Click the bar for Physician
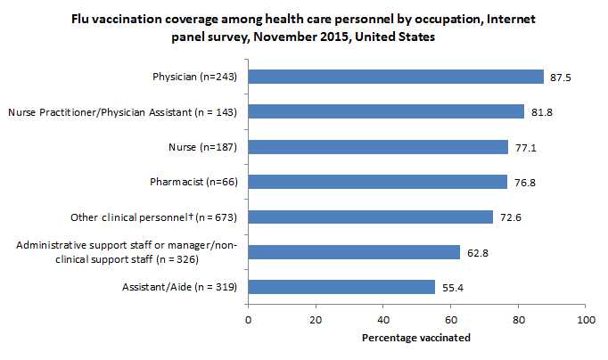pyautogui.click(x=395, y=77)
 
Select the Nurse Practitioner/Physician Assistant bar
pyautogui.click(x=385, y=111)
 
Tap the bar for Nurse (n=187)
pyautogui.click(x=377, y=147)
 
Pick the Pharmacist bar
pyautogui.click(x=377, y=182)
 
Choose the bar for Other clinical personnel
pyautogui.click(x=370, y=217)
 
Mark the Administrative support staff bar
pyautogui.click(x=353, y=252)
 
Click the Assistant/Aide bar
pyautogui.click(x=341, y=287)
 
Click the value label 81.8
pyautogui.click(x=539, y=112)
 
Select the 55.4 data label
pyautogui.click(x=450, y=288)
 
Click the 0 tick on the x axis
pyautogui.click(x=248, y=318)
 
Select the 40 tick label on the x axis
pyautogui.click(x=382, y=318)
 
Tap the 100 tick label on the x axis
pyautogui.click(x=586, y=318)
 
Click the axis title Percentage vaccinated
pyautogui.click(x=415, y=339)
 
